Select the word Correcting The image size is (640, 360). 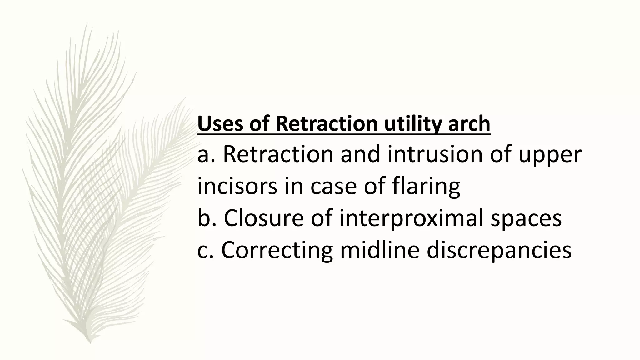pos(277,250)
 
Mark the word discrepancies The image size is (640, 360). pos(499,250)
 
